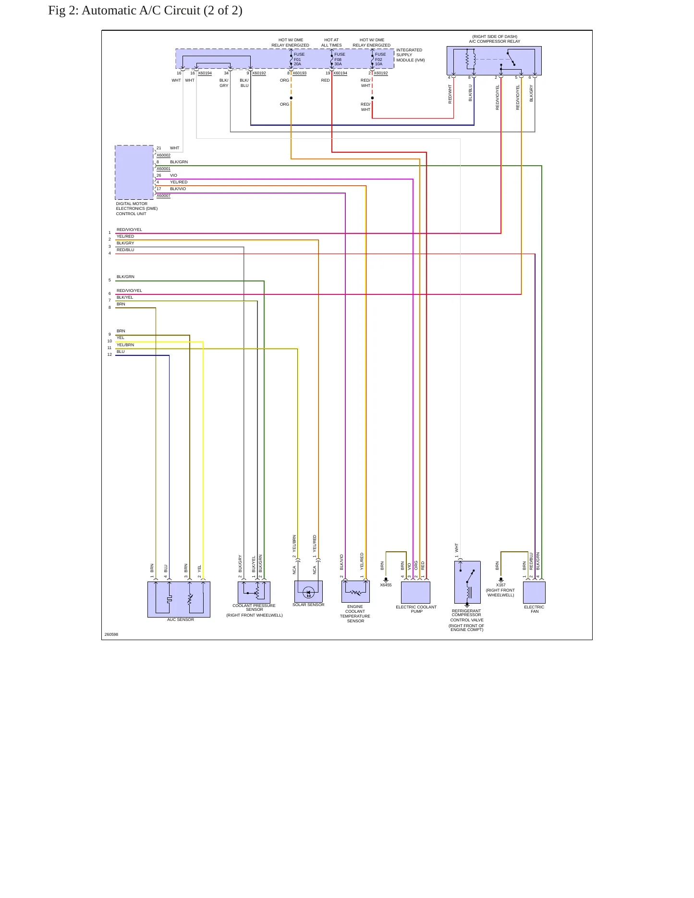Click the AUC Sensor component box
(179, 599)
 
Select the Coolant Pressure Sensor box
(254, 593)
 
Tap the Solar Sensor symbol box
(308, 591)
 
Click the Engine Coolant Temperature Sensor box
(355, 592)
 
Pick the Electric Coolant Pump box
(415, 593)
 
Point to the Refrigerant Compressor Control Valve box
(467, 582)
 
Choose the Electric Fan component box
(534, 593)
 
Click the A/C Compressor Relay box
(494, 61)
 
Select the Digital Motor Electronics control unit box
(134, 172)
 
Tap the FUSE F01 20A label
(299, 59)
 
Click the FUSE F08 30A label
(340, 59)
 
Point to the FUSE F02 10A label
(380, 59)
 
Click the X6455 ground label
(386, 585)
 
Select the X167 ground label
(500, 585)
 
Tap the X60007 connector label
(163, 195)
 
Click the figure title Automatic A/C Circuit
(145, 11)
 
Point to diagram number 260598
(111, 634)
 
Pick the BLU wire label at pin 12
(121, 352)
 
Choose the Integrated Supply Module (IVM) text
(410, 55)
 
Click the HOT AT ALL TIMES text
(331, 43)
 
